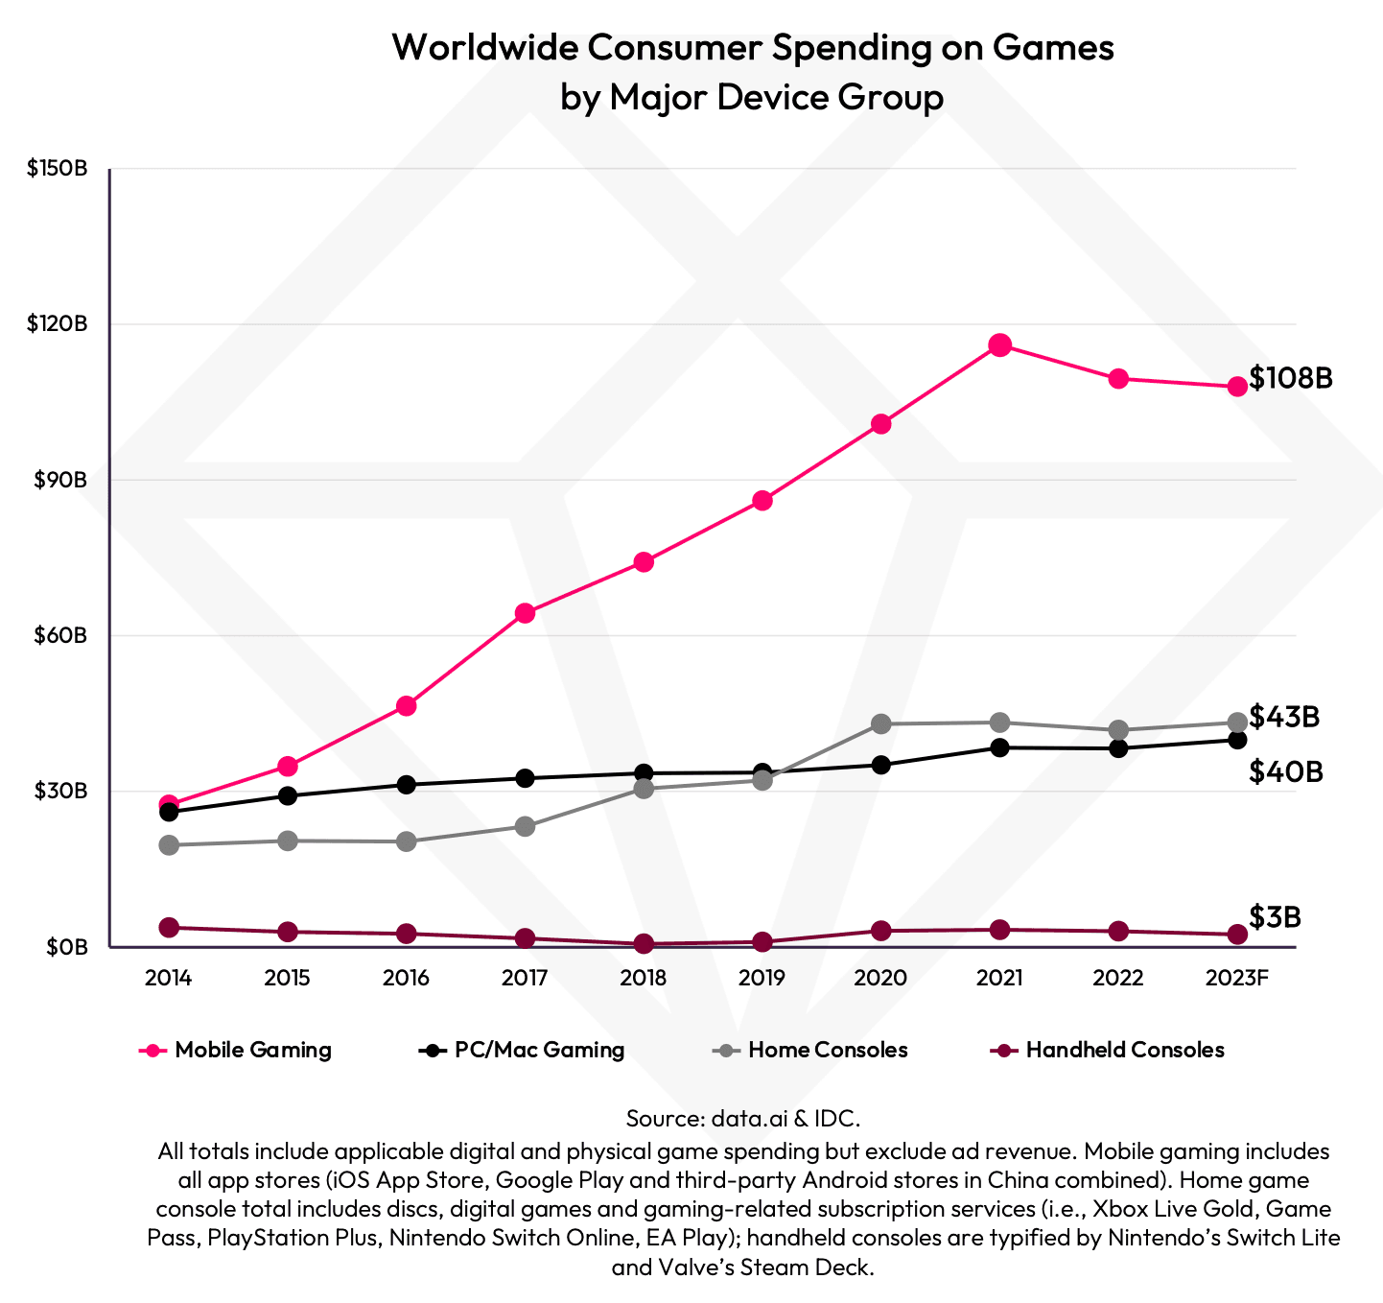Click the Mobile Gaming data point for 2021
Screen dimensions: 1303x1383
tap(999, 345)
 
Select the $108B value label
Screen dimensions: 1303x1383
tap(1290, 378)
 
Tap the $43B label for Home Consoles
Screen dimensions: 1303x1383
tap(1284, 717)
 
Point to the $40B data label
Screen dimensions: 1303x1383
tap(1285, 771)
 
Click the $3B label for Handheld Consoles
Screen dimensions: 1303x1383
tap(1275, 917)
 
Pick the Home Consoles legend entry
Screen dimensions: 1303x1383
tap(811, 1050)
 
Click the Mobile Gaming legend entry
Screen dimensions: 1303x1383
tap(236, 1050)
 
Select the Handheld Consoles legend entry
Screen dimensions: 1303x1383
tap(1108, 1050)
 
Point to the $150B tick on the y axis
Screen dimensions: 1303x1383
tap(58, 169)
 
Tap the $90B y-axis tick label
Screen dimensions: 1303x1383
tap(61, 480)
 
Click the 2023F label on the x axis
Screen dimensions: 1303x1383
tap(1237, 979)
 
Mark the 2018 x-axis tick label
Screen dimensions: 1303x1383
tap(644, 979)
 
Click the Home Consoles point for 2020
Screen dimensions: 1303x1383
tap(880, 723)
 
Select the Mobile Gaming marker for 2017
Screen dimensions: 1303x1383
tap(525, 613)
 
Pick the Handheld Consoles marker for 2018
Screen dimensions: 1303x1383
tap(644, 944)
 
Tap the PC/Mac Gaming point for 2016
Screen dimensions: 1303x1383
tap(406, 784)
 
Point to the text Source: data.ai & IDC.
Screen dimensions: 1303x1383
tap(743, 1118)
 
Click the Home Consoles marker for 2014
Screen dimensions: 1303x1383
tap(169, 845)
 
